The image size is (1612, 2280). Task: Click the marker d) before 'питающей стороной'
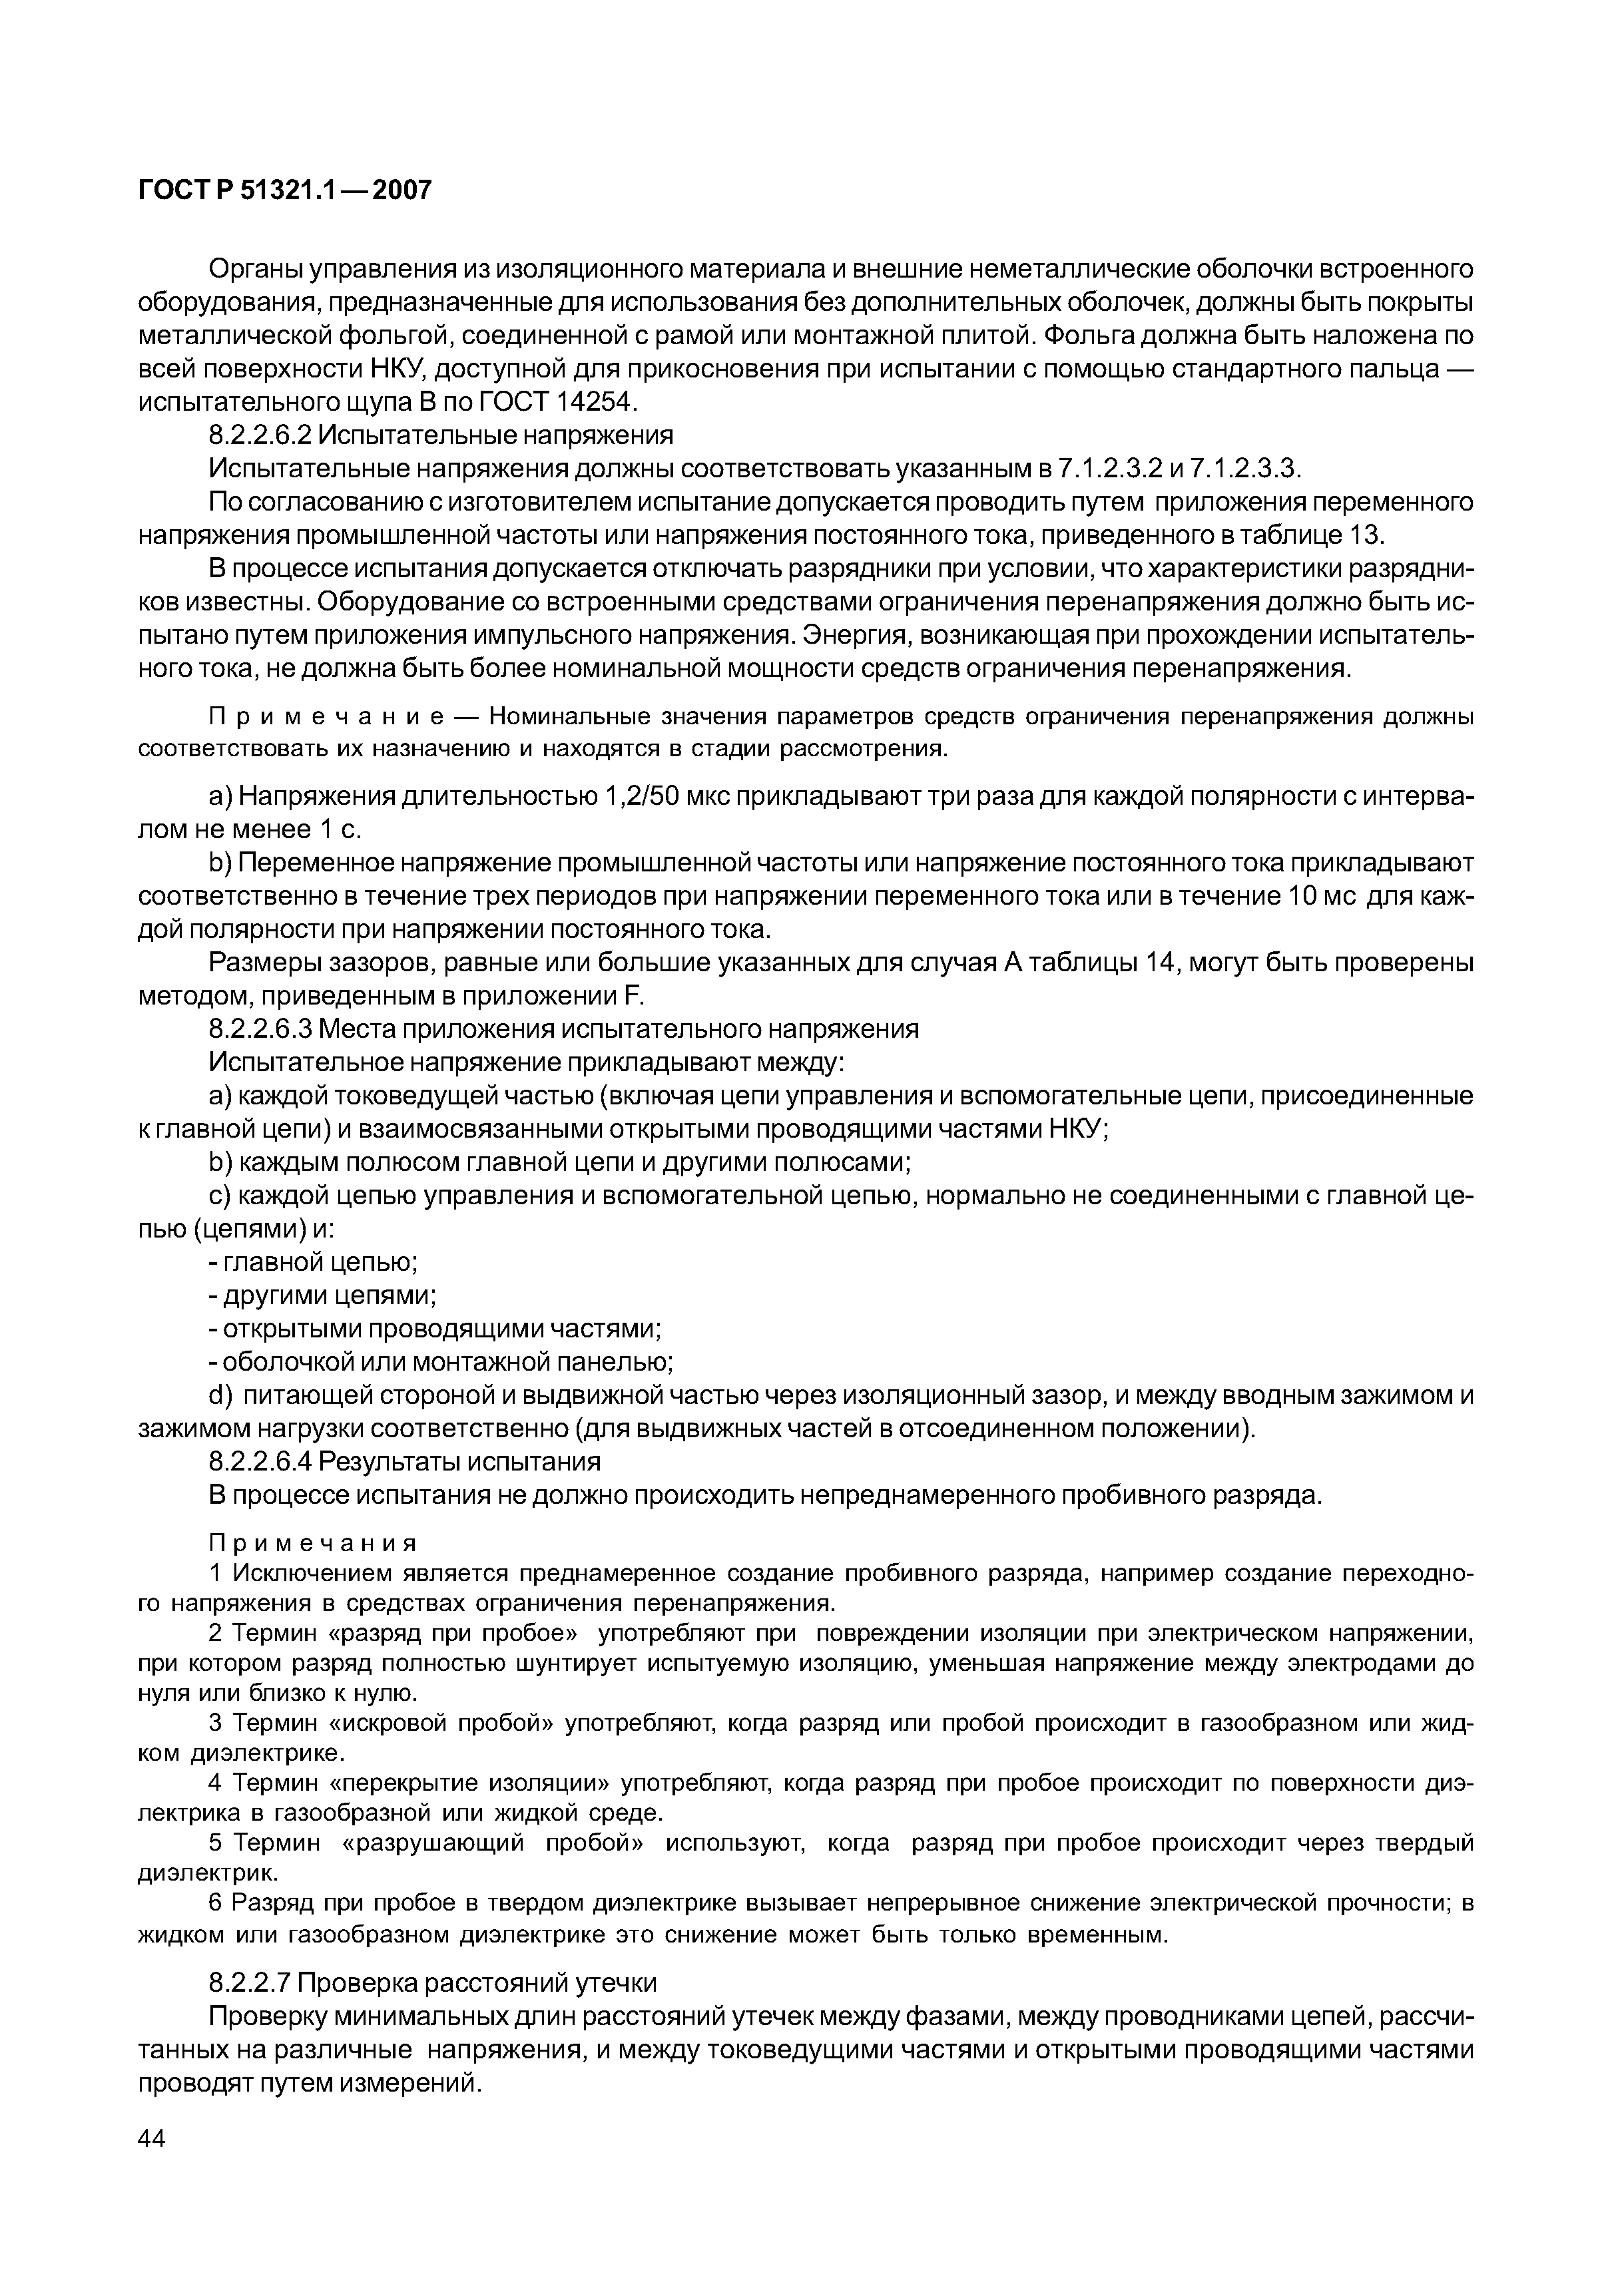coord(220,1395)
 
